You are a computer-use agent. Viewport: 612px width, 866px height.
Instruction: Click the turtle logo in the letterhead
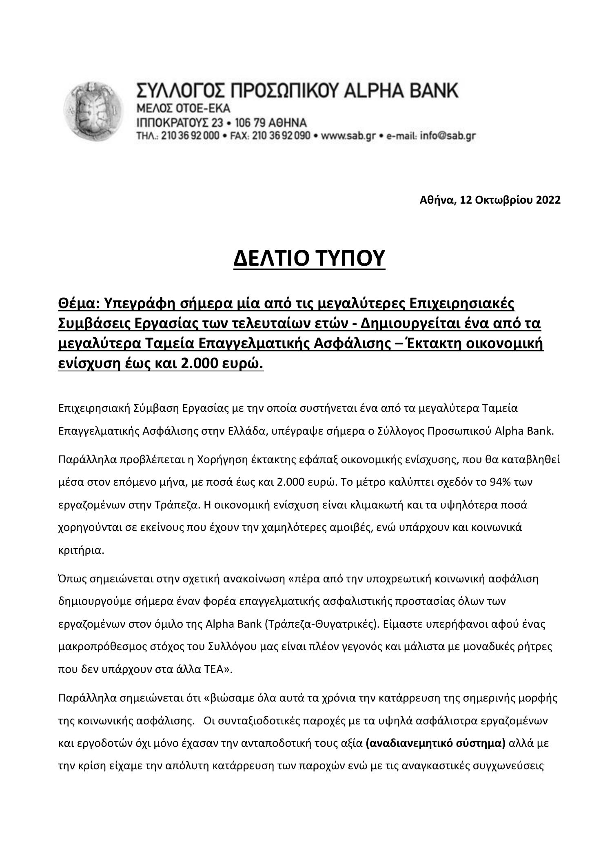(93, 111)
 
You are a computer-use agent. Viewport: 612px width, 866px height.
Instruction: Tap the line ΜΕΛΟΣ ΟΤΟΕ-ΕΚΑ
(183, 109)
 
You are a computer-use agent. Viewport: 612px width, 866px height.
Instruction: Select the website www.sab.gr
(348, 136)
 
